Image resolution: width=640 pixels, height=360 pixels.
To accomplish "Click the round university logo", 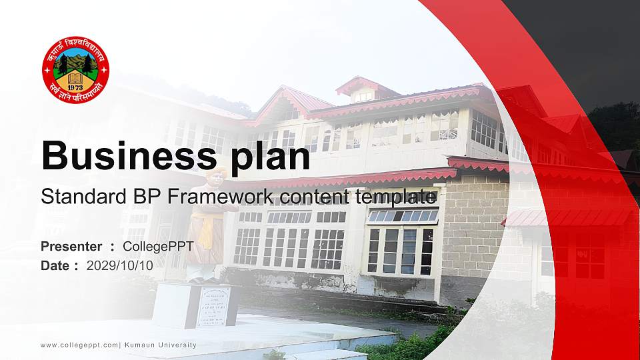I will [x=75, y=70].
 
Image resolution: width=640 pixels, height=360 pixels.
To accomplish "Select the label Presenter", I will [x=71, y=247].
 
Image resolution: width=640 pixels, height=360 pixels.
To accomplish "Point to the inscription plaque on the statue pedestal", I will [x=213, y=306].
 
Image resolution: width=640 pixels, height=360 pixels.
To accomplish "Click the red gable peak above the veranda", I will [x=287, y=100].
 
